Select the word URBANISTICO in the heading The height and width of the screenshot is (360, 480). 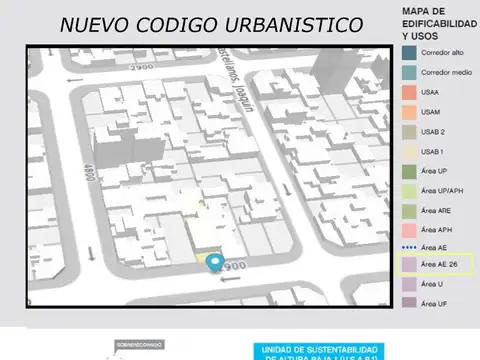point(292,24)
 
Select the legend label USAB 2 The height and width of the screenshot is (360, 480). point(434,131)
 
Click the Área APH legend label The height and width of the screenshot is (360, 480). point(437,229)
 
